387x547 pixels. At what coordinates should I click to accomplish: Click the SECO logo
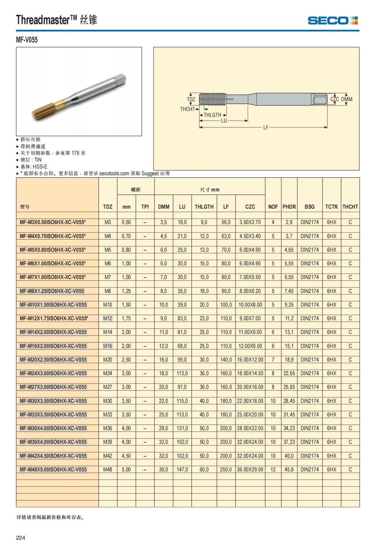332,21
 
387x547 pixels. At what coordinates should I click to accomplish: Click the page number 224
20,538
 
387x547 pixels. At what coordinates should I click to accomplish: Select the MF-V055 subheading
27,40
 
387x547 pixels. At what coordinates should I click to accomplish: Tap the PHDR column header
289,207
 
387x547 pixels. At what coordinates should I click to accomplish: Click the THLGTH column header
204,207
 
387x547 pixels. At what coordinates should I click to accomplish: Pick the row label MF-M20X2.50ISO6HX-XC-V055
53,359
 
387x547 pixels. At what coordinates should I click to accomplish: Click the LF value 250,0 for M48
226,470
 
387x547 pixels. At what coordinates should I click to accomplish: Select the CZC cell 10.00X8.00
250,305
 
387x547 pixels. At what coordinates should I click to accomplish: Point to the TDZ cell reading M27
108,387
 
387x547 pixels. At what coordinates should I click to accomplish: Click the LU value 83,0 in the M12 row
182,318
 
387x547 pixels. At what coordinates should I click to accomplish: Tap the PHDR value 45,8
289,470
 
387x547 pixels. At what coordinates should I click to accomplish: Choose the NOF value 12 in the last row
273,470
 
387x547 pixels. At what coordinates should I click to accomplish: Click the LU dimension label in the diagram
224,121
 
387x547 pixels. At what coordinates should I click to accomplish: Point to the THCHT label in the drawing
187,109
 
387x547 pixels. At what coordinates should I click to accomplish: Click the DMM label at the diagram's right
347,99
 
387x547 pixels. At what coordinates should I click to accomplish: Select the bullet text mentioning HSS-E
34,167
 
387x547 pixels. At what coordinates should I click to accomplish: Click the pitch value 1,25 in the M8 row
126,291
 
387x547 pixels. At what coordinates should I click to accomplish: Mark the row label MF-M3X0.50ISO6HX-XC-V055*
53,222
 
